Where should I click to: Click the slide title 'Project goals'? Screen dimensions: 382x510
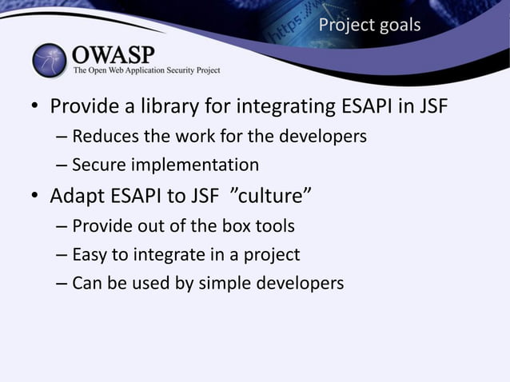(369, 25)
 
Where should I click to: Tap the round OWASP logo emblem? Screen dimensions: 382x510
(51, 61)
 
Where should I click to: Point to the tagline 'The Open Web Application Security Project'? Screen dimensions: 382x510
(146, 71)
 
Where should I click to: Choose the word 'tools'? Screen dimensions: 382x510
(274, 226)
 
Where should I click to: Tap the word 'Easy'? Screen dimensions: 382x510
(90, 255)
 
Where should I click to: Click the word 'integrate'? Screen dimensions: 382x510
(171, 255)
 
